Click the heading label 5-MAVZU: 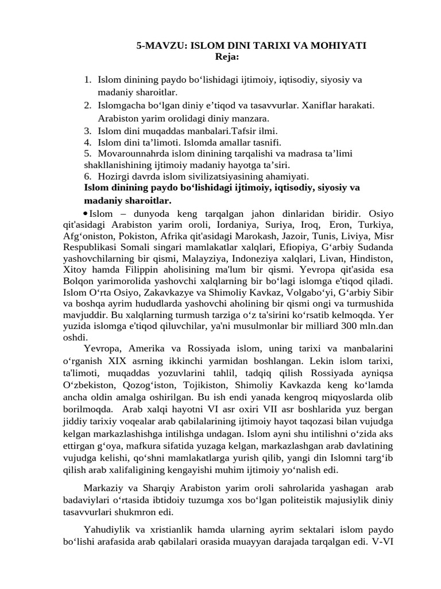(x=159, y=45)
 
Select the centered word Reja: (x=227, y=56)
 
